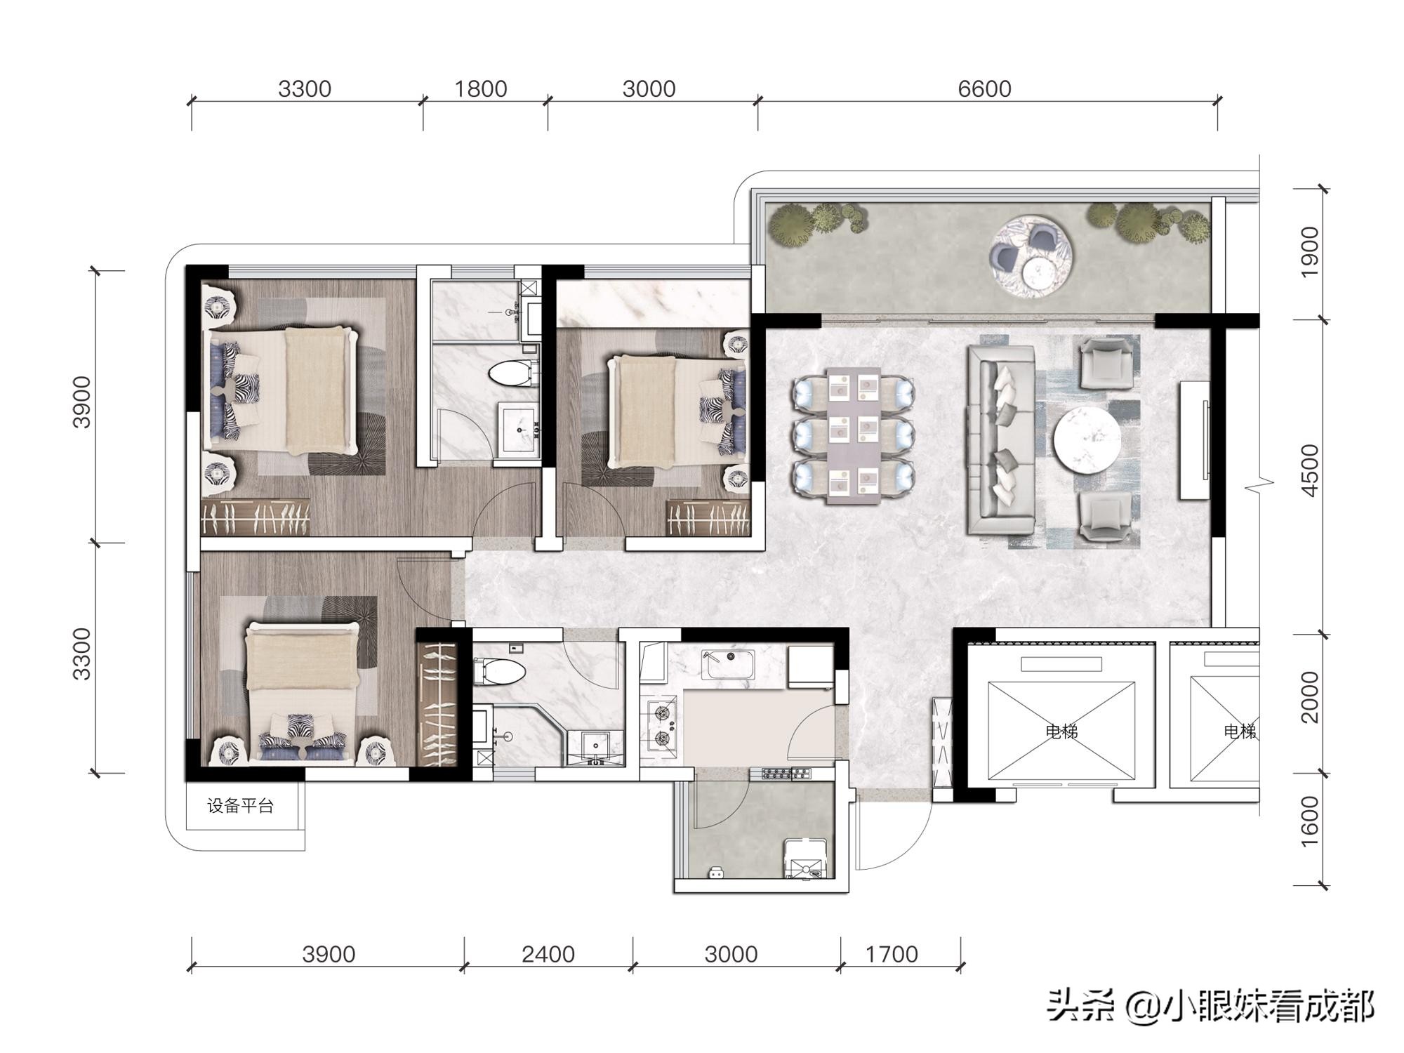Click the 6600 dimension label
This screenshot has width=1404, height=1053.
(x=984, y=89)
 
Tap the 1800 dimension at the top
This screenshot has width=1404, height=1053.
(x=481, y=89)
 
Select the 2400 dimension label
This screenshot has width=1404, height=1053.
(x=548, y=954)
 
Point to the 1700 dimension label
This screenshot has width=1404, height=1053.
(x=892, y=954)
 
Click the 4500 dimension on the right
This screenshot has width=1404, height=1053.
(x=1310, y=470)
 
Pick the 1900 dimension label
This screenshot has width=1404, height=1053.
(x=1310, y=252)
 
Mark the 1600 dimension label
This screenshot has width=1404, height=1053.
(x=1310, y=821)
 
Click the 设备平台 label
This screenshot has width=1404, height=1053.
(x=240, y=806)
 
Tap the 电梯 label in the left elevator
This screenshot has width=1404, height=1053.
(x=1061, y=731)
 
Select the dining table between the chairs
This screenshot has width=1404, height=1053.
(x=854, y=435)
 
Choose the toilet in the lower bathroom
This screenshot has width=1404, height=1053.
(x=500, y=672)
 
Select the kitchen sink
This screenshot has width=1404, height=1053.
(x=730, y=664)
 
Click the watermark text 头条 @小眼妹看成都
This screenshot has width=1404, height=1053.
(x=1210, y=1007)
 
